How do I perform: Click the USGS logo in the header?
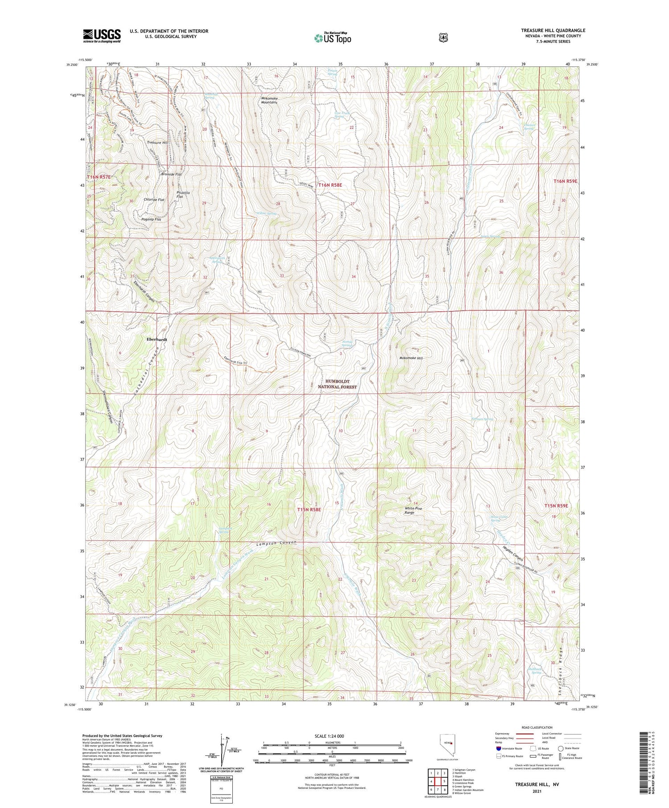click(102, 36)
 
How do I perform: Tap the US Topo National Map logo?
click(333, 38)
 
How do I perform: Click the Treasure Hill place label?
click(157, 143)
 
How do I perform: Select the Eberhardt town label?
click(157, 340)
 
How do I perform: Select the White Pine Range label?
click(412, 510)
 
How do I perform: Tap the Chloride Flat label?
click(154, 200)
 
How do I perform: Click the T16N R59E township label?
click(565, 181)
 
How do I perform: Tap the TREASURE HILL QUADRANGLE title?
click(553, 30)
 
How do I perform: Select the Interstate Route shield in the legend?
click(498, 749)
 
